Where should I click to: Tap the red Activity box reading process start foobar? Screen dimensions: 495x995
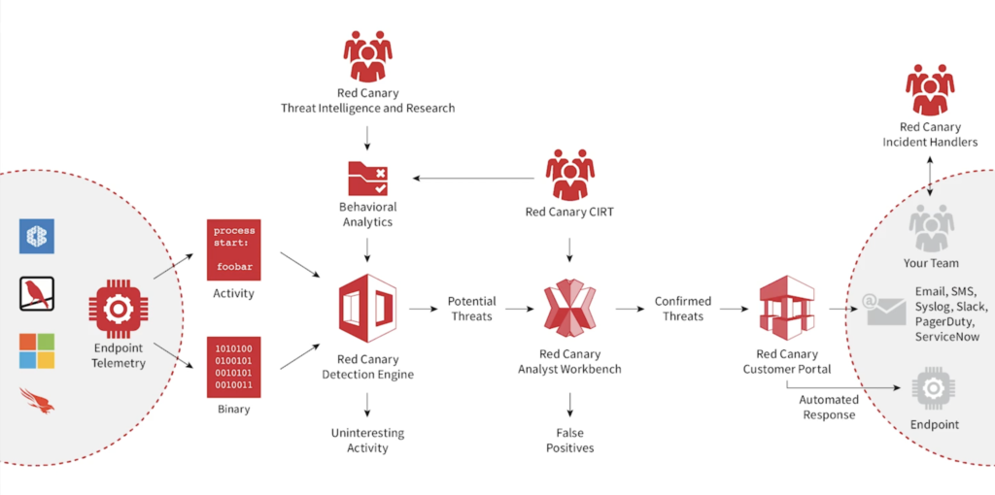tap(233, 250)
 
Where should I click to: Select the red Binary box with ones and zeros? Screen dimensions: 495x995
tap(233, 367)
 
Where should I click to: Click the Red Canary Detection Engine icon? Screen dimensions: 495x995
tap(367, 310)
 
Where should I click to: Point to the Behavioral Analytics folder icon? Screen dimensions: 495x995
tap(367, 178)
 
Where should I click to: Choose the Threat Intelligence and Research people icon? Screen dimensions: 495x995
tap(367, 56)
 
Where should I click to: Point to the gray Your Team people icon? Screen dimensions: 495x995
tap(931, 228)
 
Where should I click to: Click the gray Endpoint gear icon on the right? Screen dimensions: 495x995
tap(931, 388)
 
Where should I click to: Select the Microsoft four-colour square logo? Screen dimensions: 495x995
tap(37, 350)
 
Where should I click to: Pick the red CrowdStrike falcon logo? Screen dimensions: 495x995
tap(37, 400)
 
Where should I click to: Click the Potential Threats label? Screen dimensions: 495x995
tap(472, 309)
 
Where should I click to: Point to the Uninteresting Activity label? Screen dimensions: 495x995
tap(367, 440)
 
